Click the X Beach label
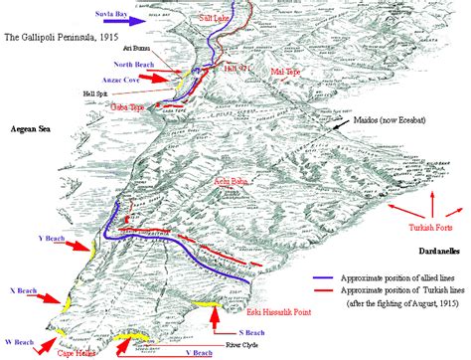coord(26,290)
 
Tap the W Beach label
coord(17,340)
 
